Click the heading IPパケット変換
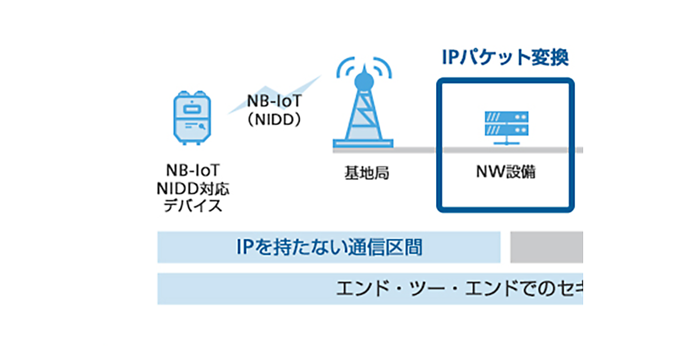click(x=505, y=58)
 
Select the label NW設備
click(x=505, y=172)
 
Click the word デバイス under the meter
click(x=193, y=206)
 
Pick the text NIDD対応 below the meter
click(x=193, y=188)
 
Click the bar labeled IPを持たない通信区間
click(x=329, y=247)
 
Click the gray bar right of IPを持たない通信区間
click(x=546, y=247)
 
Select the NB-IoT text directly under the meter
click(x=193, y=171)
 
